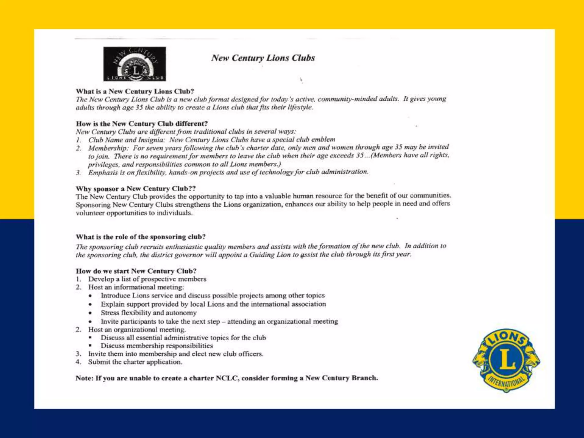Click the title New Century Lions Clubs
tap(263, 58)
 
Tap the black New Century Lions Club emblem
tap(135, 64)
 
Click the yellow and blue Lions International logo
tap(506, 360)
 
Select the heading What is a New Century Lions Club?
tap(135, 91)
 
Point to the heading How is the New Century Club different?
tap(142, 123)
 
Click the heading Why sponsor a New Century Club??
tap(136, 188)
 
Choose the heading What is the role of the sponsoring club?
tap(141, 237)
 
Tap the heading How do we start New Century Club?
tap(136, 271)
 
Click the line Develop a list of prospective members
tap(147, 279)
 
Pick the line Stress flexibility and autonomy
tap(149, 313)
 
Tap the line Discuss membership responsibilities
tap(157, 346)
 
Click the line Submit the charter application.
tap(135, 362)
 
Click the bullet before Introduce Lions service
tap(90, 296)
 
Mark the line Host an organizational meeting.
tap(137, 330)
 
